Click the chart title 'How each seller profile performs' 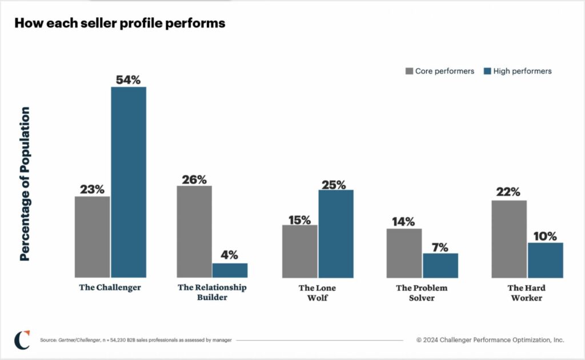point(119,23)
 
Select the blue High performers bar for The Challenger point(129,182)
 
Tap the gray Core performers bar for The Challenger point(92,237)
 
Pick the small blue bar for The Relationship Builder point(230,270)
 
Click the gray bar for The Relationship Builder point(194,231)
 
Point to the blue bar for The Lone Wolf point(336,233)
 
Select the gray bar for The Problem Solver point(404,253)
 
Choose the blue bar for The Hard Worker point(545,260)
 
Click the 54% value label point(128,80)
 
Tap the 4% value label point(230,255)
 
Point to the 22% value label point(508,193)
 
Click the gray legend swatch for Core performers point(409,71)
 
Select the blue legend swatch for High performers point(487,71)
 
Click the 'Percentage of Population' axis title point(25,184)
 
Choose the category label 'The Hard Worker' point(526,293)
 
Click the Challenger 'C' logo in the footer point(22,339)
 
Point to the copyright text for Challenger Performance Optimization point(490,340)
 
